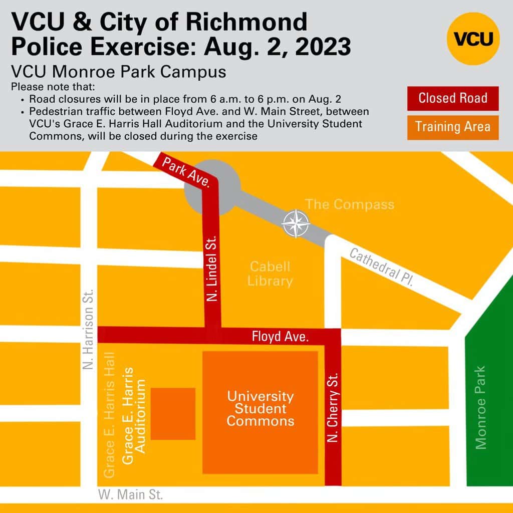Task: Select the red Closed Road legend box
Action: [453, 98]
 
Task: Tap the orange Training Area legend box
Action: [453, 127]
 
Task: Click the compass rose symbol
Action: [294, 223]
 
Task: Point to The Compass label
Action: [350, 204]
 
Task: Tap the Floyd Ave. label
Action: [280, 337]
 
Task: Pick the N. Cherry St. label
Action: [333, 407]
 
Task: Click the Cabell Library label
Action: [270, 274]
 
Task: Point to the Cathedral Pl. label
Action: [381, 267]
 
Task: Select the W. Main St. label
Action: [131, 495]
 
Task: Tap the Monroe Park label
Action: [480, 407]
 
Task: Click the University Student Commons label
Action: [260, 408]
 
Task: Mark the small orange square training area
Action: [173, 413]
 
